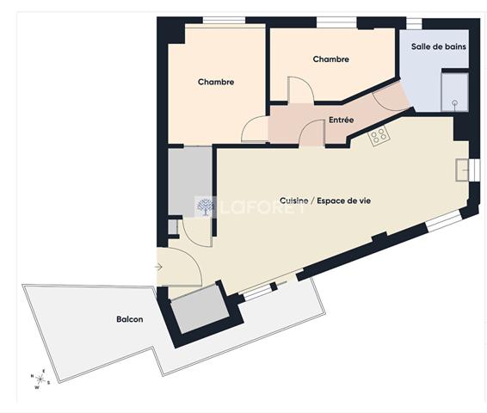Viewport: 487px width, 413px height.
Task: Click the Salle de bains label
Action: click(x=439, y=46)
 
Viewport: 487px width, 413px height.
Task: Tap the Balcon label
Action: click(x=130, y=319)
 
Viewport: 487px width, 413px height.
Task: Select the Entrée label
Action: click(x=341, y=120)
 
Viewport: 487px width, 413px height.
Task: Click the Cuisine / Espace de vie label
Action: click(x=325, y=200)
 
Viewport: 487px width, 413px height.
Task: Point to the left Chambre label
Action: click(x=216, y=82)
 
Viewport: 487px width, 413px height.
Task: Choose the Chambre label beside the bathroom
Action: click(x=330, y=59)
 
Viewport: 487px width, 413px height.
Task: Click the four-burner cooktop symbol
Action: click(x=379, y=135)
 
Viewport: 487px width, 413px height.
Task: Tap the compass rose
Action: click(x=40, y=379)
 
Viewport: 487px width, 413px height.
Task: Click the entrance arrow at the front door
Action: click(x=158, y=267)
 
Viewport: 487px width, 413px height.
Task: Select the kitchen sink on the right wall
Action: click(x=462, y=170)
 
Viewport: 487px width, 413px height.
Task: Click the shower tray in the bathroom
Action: click(x=454, y=92)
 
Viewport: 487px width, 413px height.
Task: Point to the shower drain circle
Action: click(x=455, y=102)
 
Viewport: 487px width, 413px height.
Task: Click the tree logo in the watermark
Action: click(x=205, y=206)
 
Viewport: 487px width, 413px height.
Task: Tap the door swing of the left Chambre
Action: click(x=254, y=129)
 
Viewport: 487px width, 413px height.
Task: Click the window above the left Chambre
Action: click(x=224, y=21)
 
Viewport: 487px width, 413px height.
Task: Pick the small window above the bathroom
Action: click(x=414, y=24)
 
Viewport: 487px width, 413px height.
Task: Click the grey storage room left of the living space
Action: click(x=190, y=181)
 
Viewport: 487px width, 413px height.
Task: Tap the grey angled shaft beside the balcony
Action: click(x=200, y=308)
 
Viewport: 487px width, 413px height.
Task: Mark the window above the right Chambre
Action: click(x=336, y=22)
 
